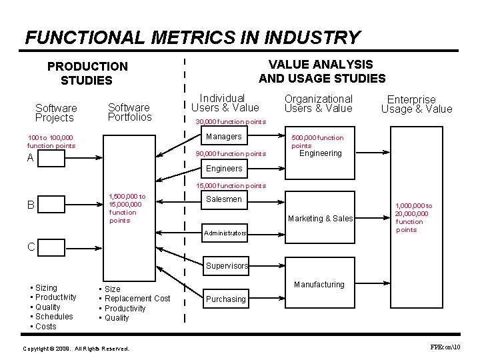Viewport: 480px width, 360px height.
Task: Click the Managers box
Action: coord(225,137)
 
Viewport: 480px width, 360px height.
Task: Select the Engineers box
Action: coord(225,169)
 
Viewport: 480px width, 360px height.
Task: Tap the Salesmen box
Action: coord(225,199)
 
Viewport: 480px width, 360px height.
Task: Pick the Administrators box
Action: coord(225,233)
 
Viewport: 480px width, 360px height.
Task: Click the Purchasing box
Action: coord(225,299)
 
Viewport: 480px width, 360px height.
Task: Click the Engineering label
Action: coord(320,153)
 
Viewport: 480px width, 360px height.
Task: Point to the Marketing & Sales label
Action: coord(320,219)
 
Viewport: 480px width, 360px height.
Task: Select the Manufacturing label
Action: coord(319,285)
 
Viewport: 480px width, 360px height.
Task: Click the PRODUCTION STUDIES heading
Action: coord(87,73)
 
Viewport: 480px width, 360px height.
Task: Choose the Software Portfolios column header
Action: coord(129,112)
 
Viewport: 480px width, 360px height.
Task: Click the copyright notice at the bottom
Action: coord(75,349)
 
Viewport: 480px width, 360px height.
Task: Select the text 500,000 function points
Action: coord(317,141)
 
